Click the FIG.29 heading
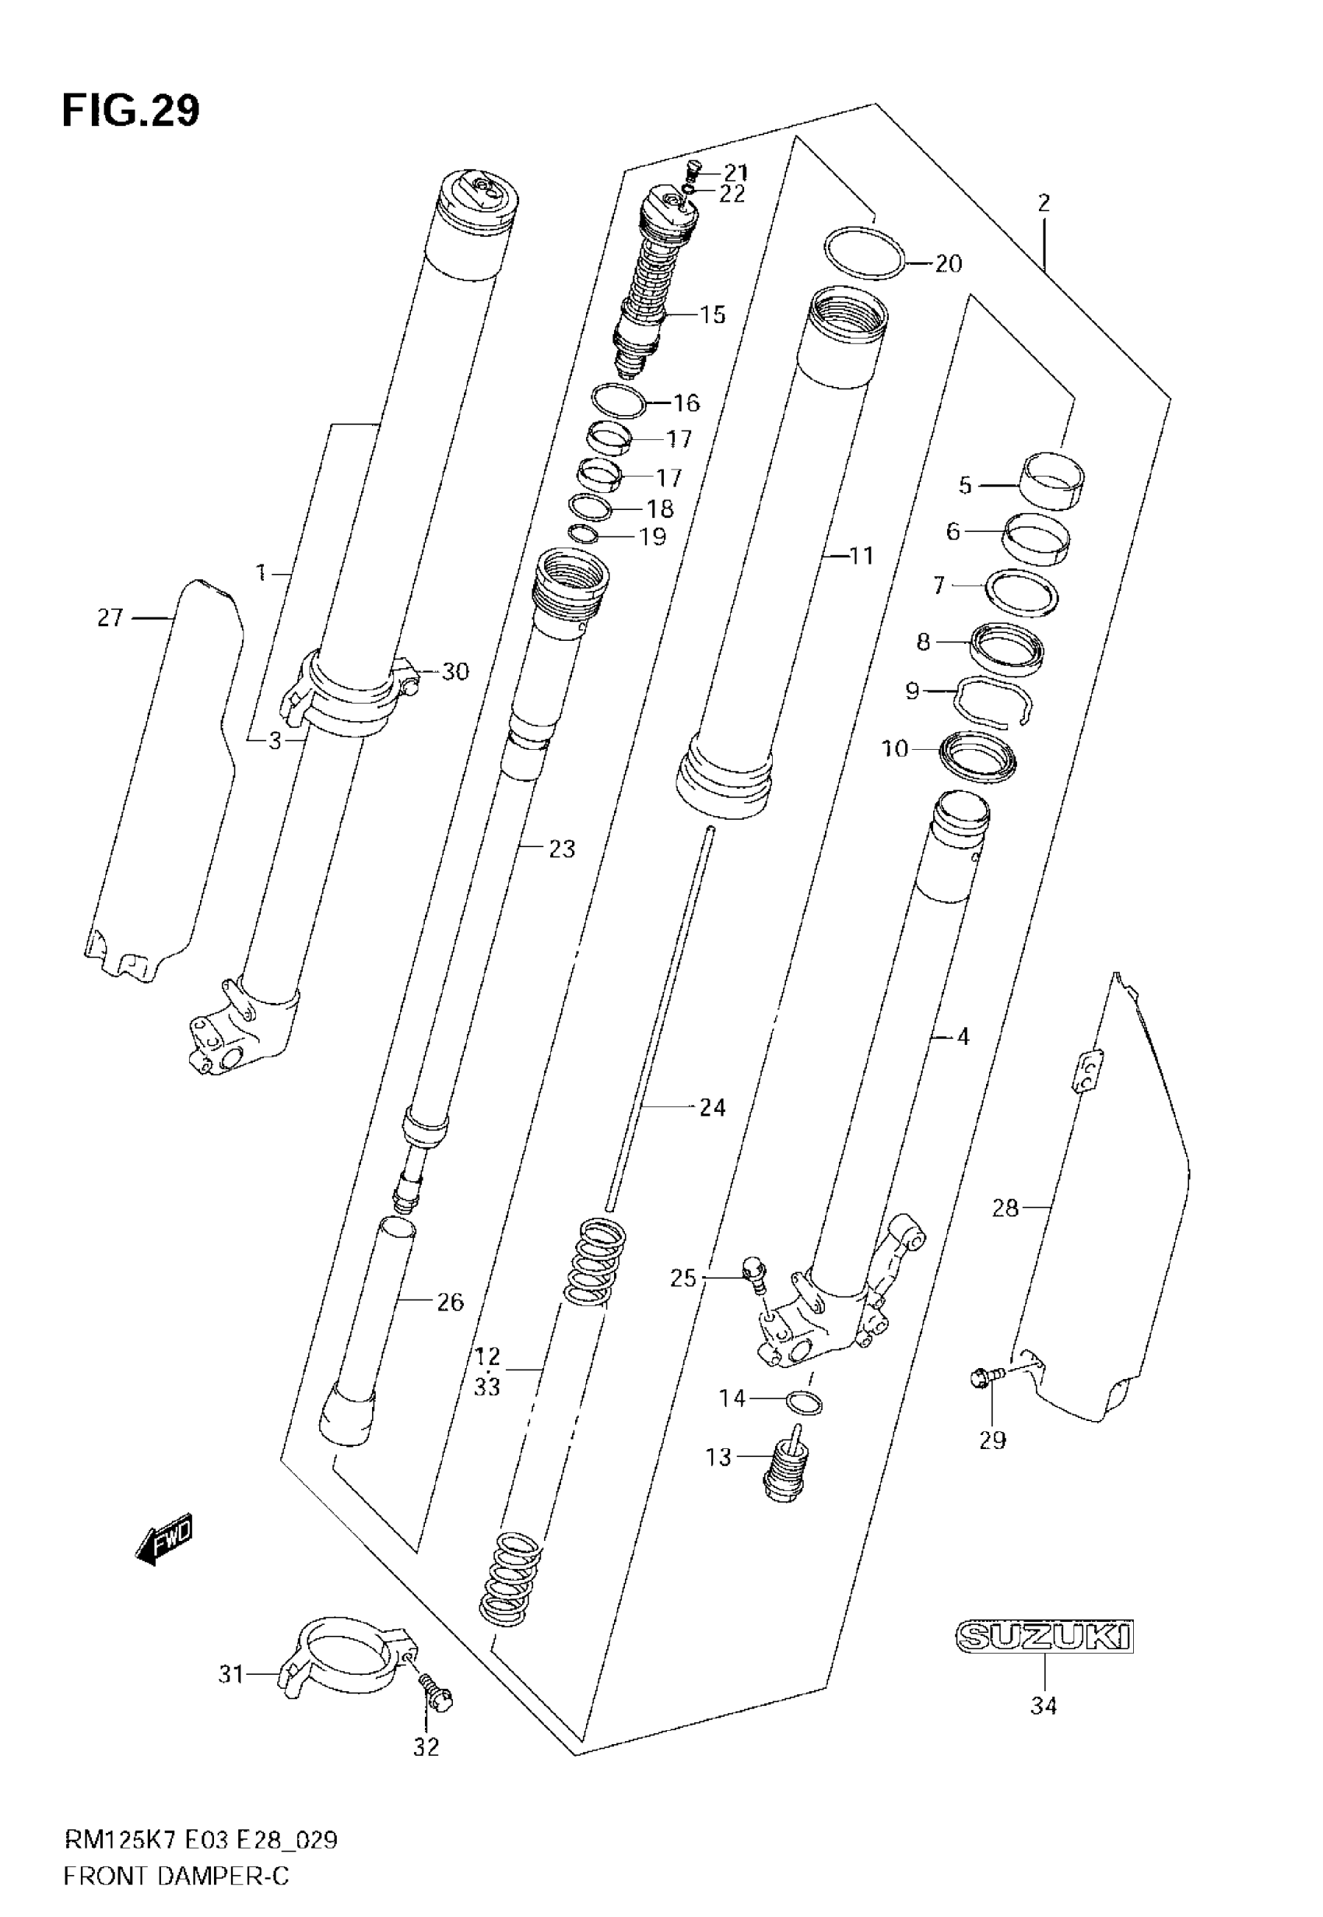(x=131, y=111)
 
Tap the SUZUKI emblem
(x=1044, y=1637)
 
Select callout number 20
(x=949, y=264)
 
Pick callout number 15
(x=712, y=315)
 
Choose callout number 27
(x=110, y=617)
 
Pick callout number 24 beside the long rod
(x=712, y=1108)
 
